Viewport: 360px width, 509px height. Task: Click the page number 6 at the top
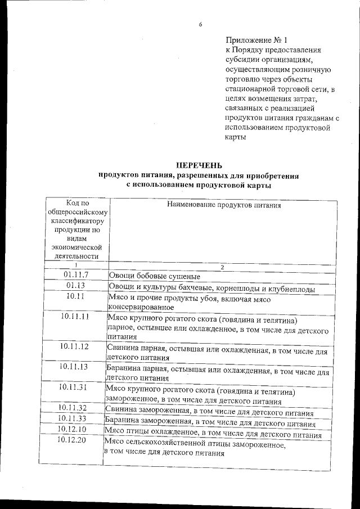click(x=200, y=25)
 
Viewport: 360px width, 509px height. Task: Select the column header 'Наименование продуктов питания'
click(x=223, y=205)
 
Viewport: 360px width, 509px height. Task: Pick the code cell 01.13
click(x=76, y=286)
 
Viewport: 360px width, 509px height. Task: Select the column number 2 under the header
click(x=222, y=267)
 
